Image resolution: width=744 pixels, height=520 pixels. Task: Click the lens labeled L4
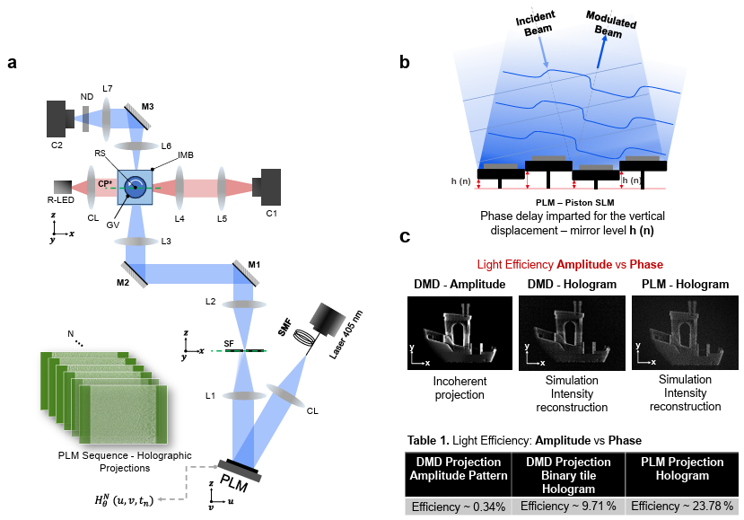pyautogui.click(x=180, y=189)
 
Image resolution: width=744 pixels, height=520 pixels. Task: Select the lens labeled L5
pyautogui.click(x=220, y=189)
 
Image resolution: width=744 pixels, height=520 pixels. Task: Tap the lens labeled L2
pyautogui.click(x=241, y=304)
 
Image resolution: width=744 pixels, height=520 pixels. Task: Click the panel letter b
pyautogui.click(x=405, y=62)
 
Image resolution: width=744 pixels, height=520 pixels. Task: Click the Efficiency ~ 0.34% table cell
pyautogui.click(x=457, y=506)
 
